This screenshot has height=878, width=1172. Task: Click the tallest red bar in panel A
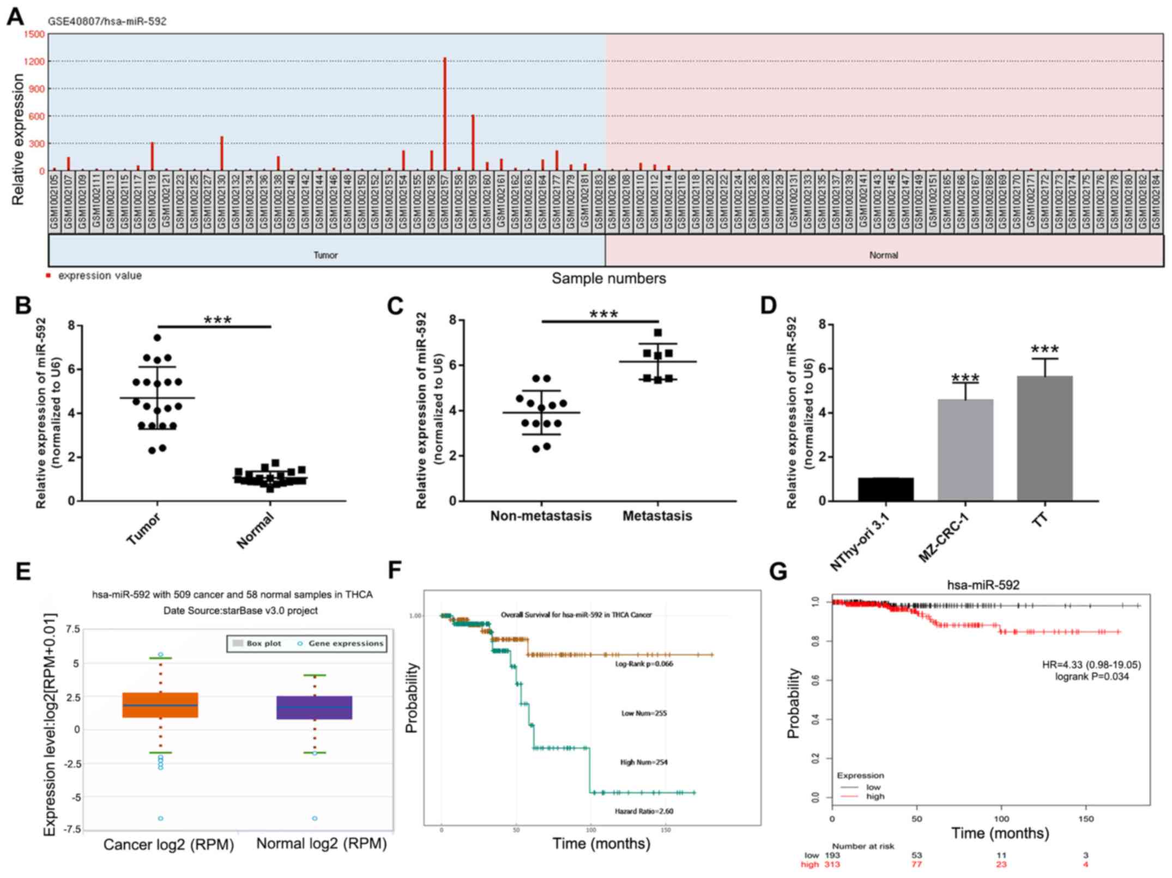tap(445, 114)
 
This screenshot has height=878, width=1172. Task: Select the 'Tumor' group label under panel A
tap(325, 255)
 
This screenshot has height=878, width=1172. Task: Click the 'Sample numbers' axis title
tap(608, 278)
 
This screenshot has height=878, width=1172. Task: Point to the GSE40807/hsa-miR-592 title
tap(107, 22)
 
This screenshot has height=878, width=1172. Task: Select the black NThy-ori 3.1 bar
tap(885, 489)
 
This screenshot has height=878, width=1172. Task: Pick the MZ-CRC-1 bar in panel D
tap(965, 450)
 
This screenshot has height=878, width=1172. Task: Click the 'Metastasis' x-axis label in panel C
tap(657, 516)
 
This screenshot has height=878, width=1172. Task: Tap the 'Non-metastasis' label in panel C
tap(541, 516)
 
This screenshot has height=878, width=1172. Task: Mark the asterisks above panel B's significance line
tap(218, 320)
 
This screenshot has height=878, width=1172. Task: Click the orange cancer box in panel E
tap(160, 705)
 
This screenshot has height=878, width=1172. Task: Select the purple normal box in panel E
tap(314, 707)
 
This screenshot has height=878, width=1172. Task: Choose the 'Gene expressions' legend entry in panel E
tap(346, 644)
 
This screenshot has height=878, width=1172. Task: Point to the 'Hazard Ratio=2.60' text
tap(644, 811)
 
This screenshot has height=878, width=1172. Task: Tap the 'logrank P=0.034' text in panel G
tap(1092, 676)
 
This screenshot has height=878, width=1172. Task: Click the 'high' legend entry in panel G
tap(875, 796)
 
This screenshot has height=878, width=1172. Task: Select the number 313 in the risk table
tap(832, 864)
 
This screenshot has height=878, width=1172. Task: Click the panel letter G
tap(778, 572)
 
